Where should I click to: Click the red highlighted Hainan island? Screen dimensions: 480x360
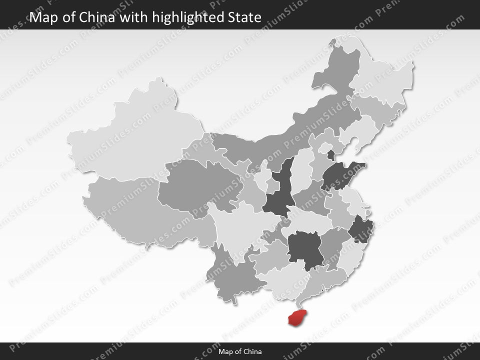(297, 317)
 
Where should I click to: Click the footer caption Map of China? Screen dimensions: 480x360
(240, 351)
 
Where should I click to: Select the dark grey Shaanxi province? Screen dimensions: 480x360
(278, 192)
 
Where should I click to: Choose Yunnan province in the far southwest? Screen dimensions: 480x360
(232, 277)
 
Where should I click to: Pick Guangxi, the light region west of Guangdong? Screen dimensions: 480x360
(280, 282)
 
